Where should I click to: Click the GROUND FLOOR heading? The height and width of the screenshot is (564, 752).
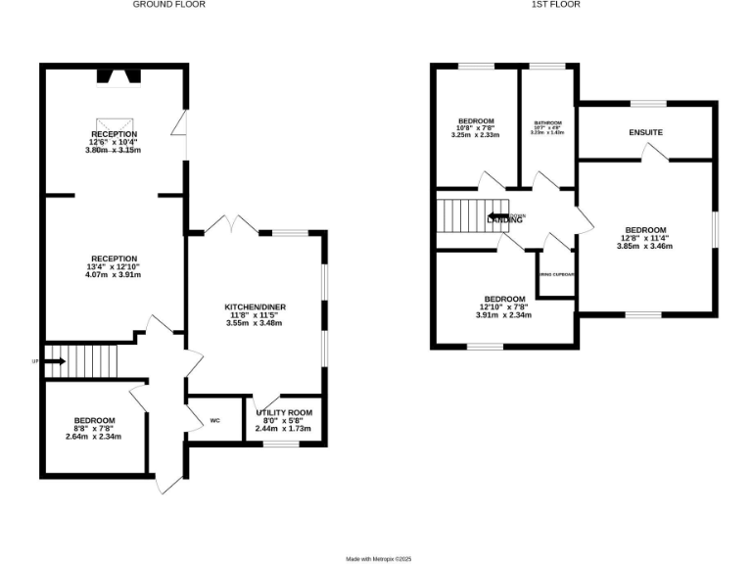pos(169,5)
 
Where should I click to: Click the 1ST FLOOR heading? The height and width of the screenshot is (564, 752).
pos(556,5)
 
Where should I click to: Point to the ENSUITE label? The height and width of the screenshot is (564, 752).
pos(645,132)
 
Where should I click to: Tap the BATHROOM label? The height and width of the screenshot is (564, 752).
pos(547,123)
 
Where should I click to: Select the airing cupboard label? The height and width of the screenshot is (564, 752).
pos(555,274)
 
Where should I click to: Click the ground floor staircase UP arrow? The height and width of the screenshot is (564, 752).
pos(54,361)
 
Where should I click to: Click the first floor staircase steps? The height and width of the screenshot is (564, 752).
pos(459,215)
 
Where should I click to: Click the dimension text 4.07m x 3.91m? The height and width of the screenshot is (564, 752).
pos(115,275)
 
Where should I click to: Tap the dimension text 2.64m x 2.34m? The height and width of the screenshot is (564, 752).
pos(94,437)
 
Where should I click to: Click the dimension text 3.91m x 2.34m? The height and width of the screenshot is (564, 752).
pos(503,315)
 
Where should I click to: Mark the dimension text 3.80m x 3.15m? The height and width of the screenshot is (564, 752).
pos(115,151)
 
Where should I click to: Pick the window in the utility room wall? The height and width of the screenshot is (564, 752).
pos(281,444)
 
